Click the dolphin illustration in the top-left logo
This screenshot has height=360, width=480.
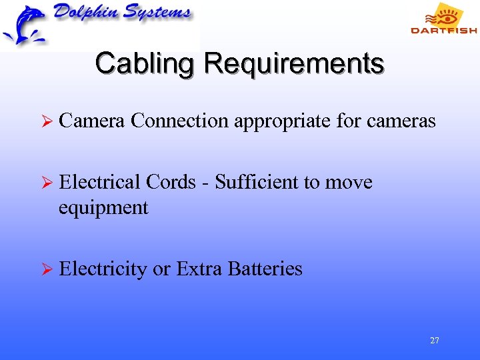[x=24, y=25]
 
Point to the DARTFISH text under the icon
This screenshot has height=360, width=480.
[x=443, y=30]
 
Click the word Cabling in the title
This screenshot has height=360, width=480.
[x=147, y=64]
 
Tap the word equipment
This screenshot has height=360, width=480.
[x=103, y=209]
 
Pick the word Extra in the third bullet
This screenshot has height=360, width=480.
[x=199, y=269]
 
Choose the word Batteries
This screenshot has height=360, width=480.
[x=265, y=269]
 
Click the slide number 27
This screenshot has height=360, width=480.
[x=435, y=341]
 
